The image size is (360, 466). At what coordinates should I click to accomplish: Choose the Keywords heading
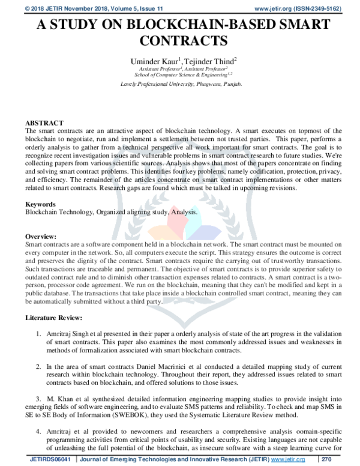point(42,204)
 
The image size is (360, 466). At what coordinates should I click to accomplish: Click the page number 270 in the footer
point(344,459)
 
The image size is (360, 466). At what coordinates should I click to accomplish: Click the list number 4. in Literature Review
point(38,431)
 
